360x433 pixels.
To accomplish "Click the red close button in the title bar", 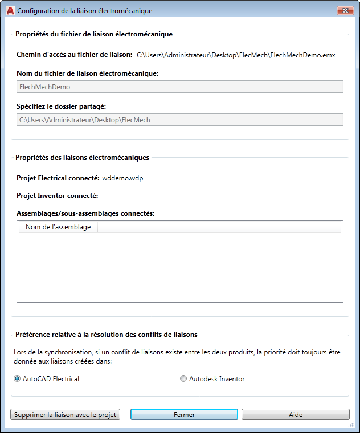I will (x=343, y=11).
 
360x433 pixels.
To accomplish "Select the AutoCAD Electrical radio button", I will (x=17, y=378).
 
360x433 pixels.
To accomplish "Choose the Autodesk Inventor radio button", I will (x=183, y=378).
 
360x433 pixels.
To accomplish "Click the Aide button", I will (x=295, y=415).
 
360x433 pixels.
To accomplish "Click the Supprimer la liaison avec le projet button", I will (x=66, y=415).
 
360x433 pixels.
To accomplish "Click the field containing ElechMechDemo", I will (x=179, y=86).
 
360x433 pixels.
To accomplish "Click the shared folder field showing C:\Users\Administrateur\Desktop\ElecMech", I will (x=179, y=119).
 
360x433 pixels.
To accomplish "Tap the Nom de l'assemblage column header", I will (x=58, y=227).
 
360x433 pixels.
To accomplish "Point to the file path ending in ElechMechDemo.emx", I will (x=236, y=55).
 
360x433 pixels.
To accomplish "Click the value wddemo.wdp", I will (x=122, y=178).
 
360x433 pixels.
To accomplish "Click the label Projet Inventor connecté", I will (x=58, y=196).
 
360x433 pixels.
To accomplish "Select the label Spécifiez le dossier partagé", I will (x=62, y=106).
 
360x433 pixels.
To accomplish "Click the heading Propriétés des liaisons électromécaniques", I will (x=82, y=158).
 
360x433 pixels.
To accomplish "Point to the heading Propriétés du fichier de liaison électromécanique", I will (x=94, y=34).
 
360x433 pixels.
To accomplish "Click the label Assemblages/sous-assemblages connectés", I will (x=85, y=213).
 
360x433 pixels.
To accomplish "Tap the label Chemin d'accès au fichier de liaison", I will (x=74, y=55).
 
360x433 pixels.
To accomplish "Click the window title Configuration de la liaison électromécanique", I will (x=85, y=11).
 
